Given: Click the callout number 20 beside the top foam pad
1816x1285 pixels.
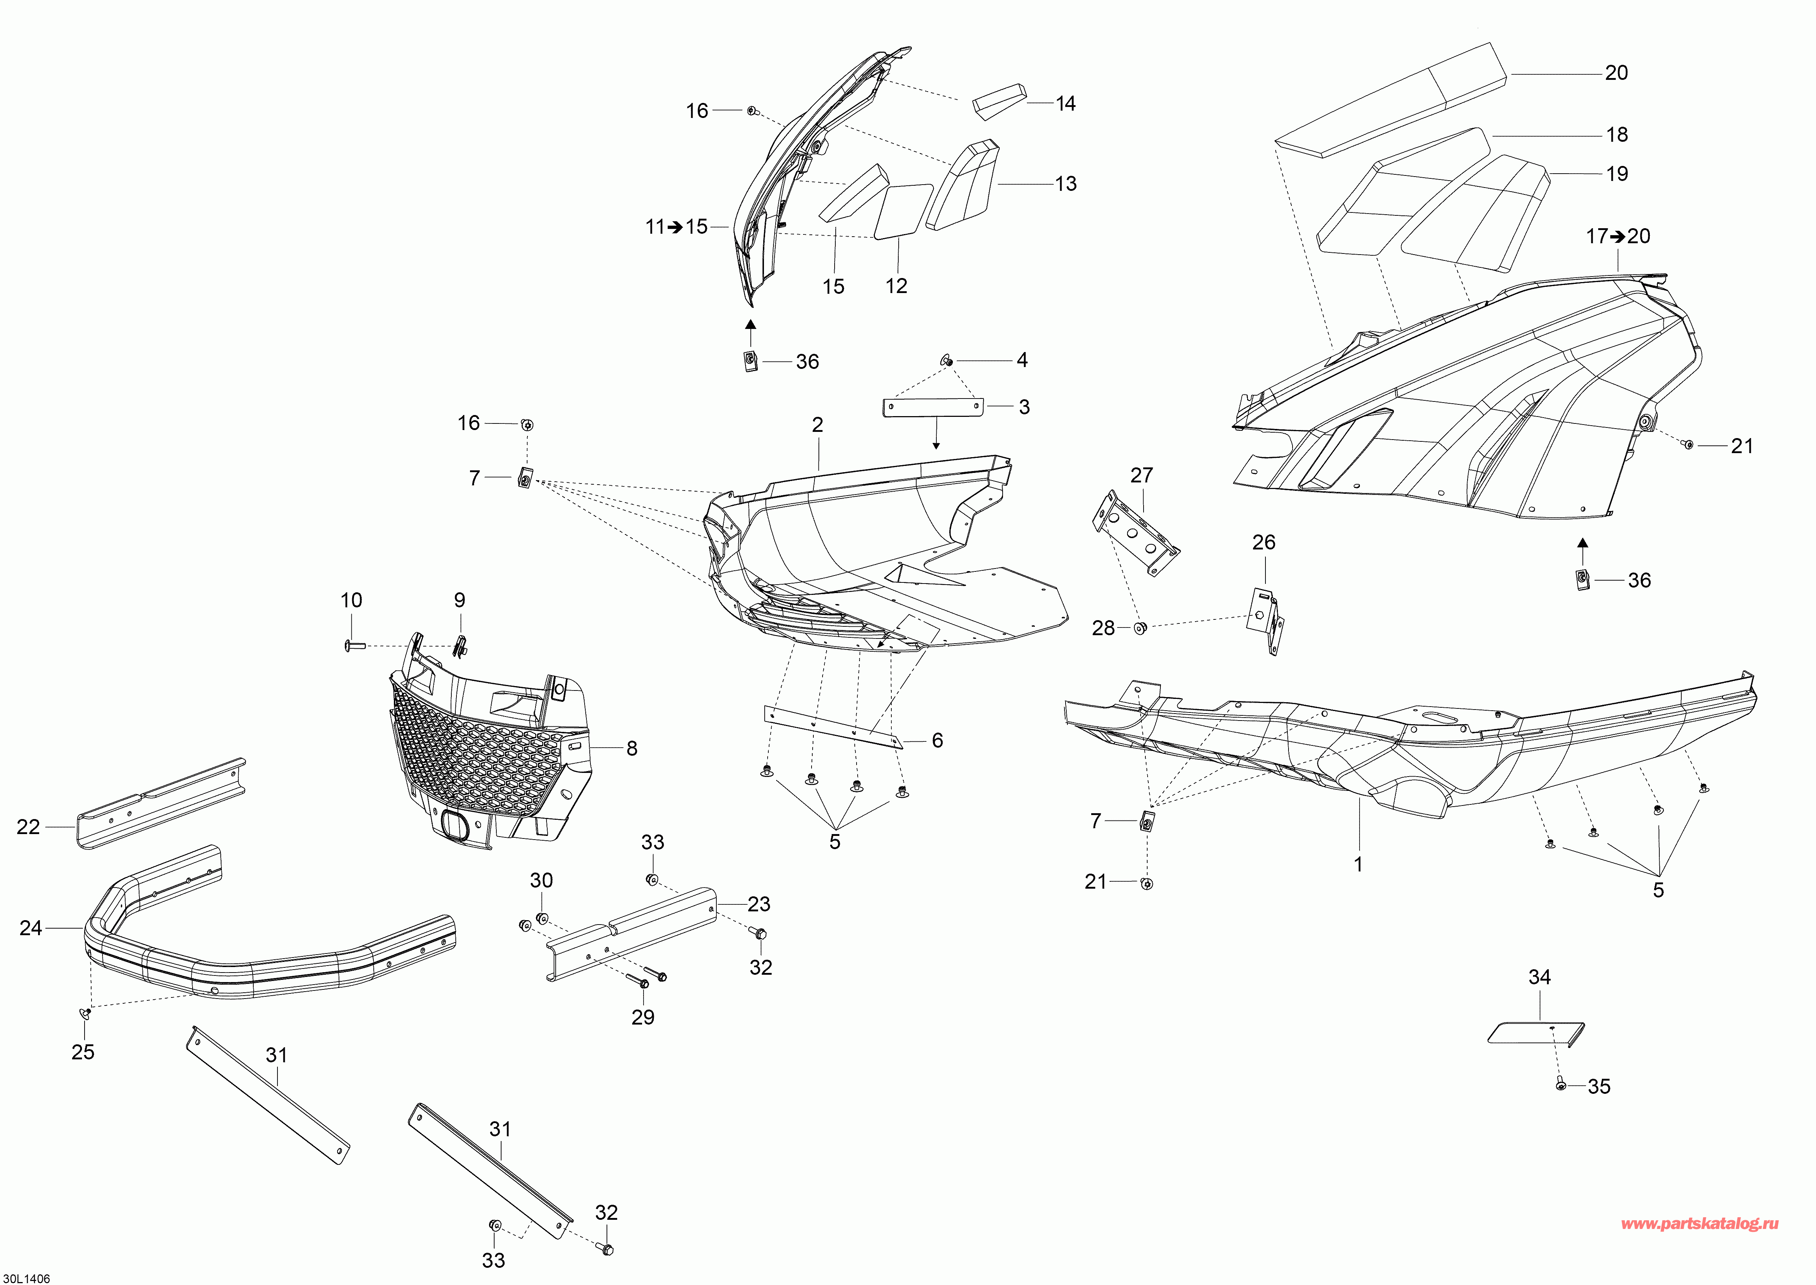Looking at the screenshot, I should [x=1616, y=73].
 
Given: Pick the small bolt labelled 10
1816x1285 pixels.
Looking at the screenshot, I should [x=354, y=647].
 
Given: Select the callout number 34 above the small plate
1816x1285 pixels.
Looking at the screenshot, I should [x=1539, y=977].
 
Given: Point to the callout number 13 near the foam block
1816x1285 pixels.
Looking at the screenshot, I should [x=1065, y=184].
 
